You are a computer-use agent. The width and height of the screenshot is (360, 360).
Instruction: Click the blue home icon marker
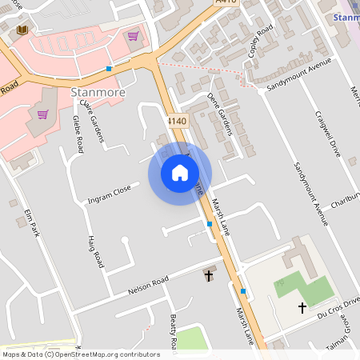tap(180, 173)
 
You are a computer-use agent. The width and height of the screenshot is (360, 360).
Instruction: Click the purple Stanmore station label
tap(346, 17)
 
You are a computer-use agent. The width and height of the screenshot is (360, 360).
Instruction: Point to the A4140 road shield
tap(178, 121)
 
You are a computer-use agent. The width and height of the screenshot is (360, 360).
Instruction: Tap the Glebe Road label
tap(78, 134)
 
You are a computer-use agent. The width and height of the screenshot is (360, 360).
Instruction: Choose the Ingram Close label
tap(110, 193)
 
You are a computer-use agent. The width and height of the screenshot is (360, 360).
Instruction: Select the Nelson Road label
tap(148, 284)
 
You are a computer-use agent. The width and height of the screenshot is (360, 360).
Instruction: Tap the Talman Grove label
tap(350, 332)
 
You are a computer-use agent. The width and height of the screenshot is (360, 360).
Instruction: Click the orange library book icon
tap(22, 30)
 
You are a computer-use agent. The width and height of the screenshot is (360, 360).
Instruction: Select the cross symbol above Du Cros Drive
tap(302, 307)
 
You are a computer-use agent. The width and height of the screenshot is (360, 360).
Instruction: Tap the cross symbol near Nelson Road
tap(210, 275)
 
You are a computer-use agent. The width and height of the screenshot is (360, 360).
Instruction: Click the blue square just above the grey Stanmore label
tap(109, 69)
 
